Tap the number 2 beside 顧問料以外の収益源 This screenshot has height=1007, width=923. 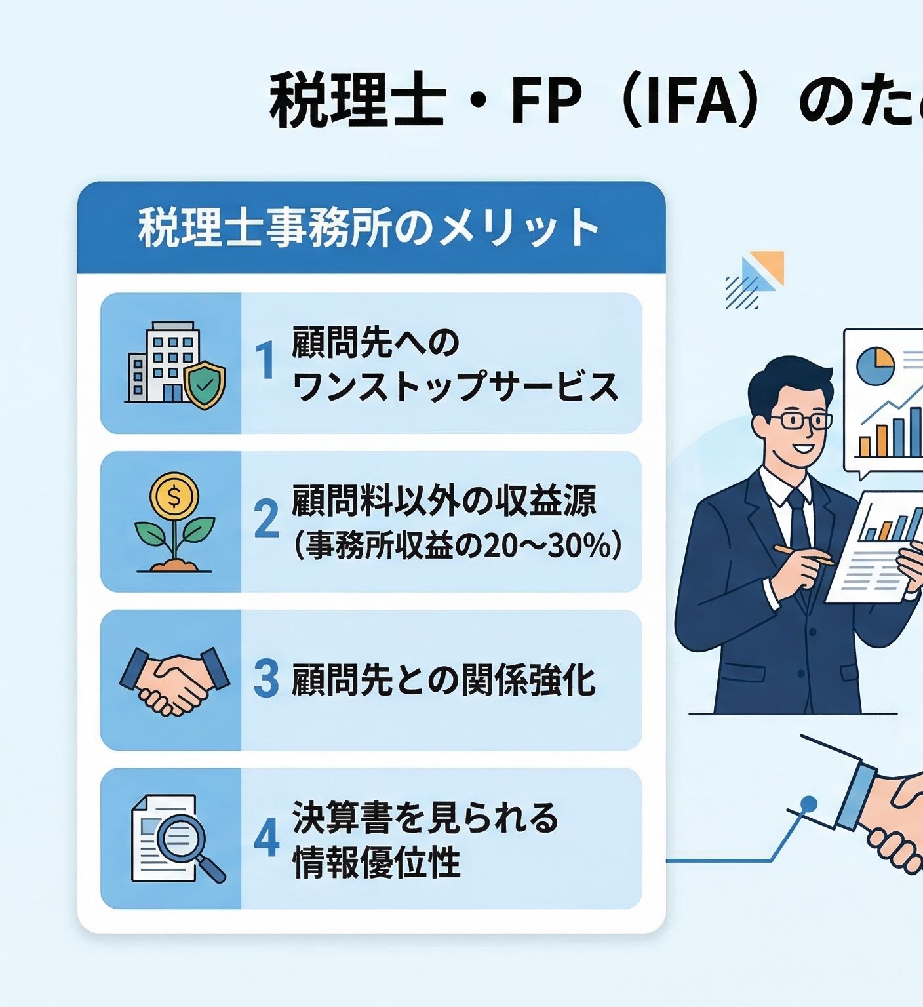[x=266, y=519]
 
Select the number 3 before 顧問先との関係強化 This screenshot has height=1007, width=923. [x=266, y=679]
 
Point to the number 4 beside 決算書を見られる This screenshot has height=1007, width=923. [x=266, y=839]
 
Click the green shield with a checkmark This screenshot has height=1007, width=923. [x=205, y=386]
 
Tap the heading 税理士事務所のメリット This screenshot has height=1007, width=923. [x=369, y=228]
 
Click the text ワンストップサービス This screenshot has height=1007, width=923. [x=456, y=386]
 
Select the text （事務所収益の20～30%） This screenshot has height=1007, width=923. [x=456, y=545]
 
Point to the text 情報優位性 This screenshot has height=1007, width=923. [x=377, y=862]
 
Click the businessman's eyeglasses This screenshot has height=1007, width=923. [x=800, y=420]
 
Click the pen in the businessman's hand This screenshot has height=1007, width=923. [x=803, y=555]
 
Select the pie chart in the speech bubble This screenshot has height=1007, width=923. [x=875, y=365]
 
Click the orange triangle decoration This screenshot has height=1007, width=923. [x=769, y=266]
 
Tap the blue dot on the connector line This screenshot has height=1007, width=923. [x=810, y=802]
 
